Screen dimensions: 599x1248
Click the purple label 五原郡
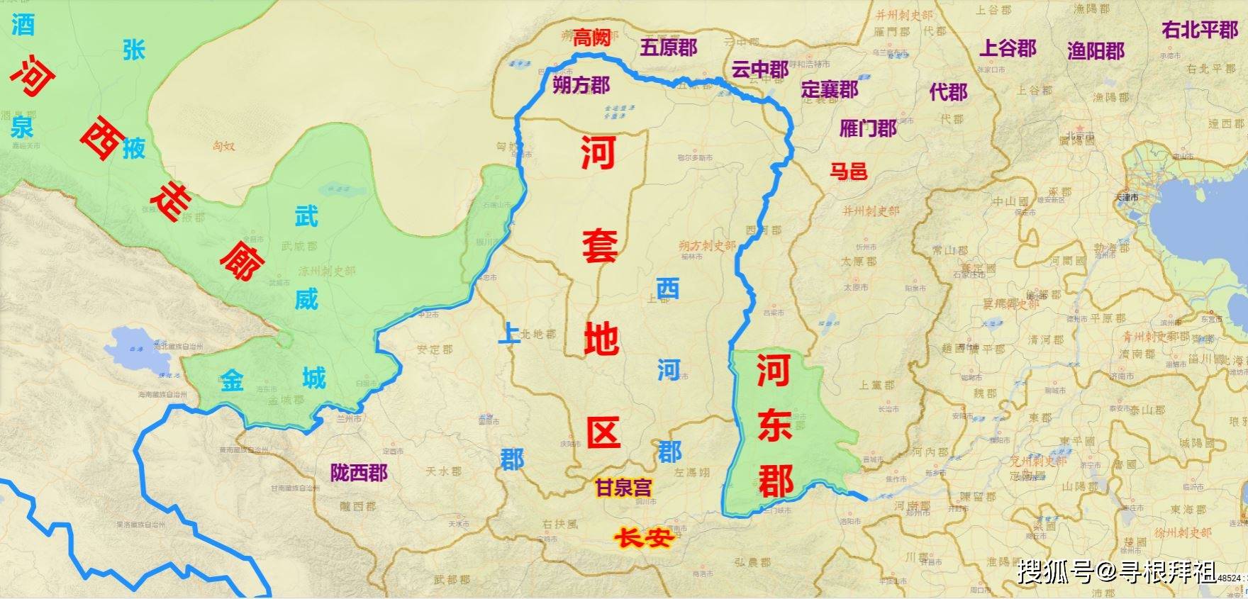pyautogui.click(x=668, y=47)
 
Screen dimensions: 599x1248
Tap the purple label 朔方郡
pyautogui.click(x=581, y=86)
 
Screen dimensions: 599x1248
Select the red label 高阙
pyautogui.click(x=592, y=37)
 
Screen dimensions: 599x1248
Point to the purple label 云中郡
pyautogui.click(x=759, y=69)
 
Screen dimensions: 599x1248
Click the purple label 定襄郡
pyautogui.click(x=830, y=89)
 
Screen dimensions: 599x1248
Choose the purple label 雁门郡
pyautogui.click(x=868, y=128)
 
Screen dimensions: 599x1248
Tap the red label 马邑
pyautogui.click(x=849, y=171)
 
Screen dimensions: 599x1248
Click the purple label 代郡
pyautogui.click(x=948, y=91)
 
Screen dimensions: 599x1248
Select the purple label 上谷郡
pyautogui.click(x=1008, y=48)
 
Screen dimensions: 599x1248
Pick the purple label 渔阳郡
pyautogui.click(x=1096, y=50)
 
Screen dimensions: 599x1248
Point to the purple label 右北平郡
pyautogui.click(x=1199, y=30)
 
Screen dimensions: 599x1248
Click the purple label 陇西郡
pyautogui.click(x=359, y=473)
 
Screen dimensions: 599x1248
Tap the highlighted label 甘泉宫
pyautogui.click(x=623, y=488)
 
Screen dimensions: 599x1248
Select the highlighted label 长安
pyautogui.click(x=642, y=538)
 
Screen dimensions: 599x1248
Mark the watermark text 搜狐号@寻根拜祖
pyautogui.click(x=1116, y=571)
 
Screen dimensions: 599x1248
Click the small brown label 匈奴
pyautogui.click(x=223, y=146)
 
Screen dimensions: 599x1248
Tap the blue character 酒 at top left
pyautogui.click(x=23, y=26)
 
